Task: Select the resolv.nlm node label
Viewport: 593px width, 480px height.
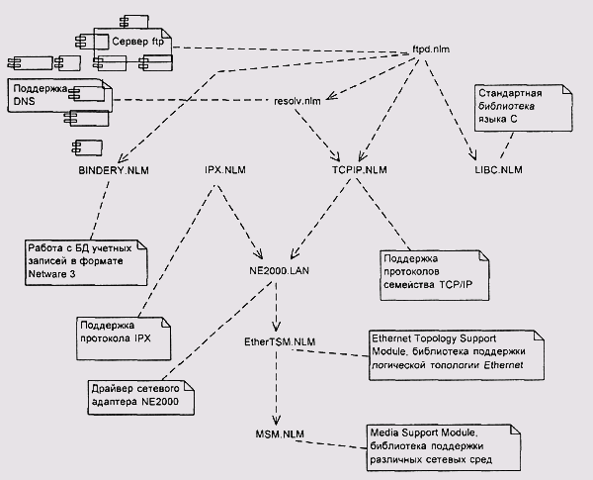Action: (297, 100)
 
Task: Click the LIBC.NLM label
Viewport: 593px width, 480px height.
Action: (499, 170)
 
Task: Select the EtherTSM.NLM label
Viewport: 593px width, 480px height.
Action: (281, 341)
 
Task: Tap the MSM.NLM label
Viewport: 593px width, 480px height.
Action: (281, 433)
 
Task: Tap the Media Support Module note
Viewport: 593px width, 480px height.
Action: (444, 447)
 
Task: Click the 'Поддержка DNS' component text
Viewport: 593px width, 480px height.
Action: (40, 97)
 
